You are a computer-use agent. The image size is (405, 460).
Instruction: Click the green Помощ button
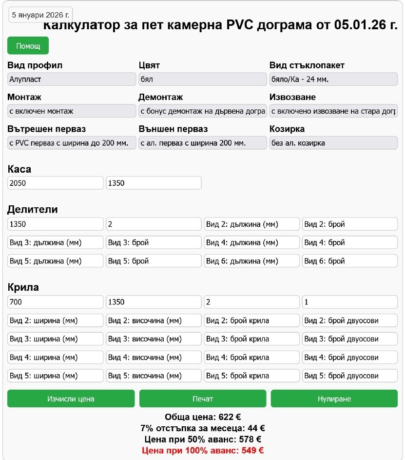click(x=28, y=45)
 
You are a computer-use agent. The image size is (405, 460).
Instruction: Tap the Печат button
click(x=203, y=399)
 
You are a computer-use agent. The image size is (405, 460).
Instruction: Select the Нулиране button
click(x=334, y=399)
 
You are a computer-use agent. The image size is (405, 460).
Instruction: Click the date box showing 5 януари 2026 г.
click(x=41, y=15)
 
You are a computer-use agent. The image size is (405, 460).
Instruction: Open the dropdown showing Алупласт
click(x=72, y=79)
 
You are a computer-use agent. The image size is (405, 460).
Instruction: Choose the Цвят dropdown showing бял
click(x=202, y=79)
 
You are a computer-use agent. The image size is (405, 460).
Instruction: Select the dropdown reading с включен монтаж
click(x=72, y=111)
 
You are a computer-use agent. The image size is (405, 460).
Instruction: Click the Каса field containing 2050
click(x=56, y=183)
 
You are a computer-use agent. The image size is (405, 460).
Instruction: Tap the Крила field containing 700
click(x=56, y=302)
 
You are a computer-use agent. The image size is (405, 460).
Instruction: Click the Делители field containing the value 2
click(x=154, y=224)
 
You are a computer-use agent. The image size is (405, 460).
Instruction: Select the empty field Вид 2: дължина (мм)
click(x=251, y=224)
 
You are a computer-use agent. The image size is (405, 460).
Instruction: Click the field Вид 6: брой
click(x=349, y=261)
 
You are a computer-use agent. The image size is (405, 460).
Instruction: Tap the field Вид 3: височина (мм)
click(x=154, y=339)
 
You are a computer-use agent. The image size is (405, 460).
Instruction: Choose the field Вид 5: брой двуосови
click(x=349, y=376)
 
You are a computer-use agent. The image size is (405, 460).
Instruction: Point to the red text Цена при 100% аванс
click(x=203, y=450)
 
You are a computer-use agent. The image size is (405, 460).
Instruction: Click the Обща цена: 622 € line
click(x=203, y=417)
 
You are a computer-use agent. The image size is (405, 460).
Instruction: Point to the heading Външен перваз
click(x=173, y=129)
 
